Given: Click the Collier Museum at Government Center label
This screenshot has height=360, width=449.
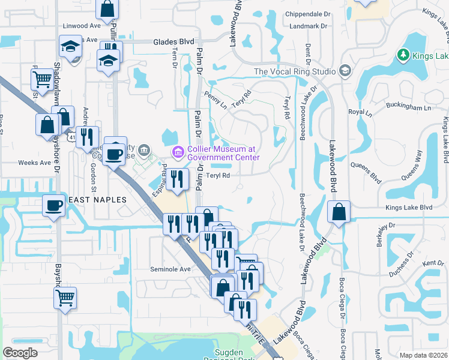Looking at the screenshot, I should [222, 153].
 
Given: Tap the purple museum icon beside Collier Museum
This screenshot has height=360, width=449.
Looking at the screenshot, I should [177, 153].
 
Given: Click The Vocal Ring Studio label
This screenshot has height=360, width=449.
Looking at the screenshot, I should [295, 71].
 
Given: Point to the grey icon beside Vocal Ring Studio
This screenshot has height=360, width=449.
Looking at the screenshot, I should [345, 71].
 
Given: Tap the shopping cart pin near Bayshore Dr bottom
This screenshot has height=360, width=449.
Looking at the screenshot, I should [65, 296].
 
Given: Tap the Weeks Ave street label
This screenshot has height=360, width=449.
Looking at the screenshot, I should [34, 163].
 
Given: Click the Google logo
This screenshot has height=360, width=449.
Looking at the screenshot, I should [20, 353].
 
